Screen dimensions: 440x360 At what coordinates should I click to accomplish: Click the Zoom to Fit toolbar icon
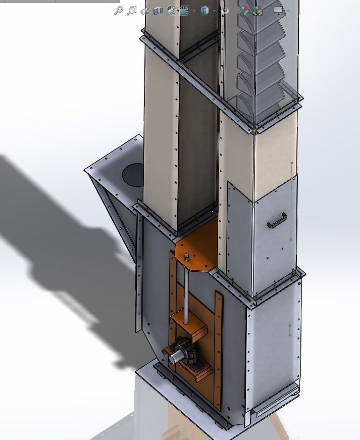pyautogui.click(x=118, y=10)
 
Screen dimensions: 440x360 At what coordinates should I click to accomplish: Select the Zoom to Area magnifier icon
pyautogui.click(x=132, y=10)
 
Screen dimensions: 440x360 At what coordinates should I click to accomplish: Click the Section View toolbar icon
pyautogui.click(x=158, y=10)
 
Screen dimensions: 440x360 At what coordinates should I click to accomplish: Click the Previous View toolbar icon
pyautogui.click(x=145, y=10)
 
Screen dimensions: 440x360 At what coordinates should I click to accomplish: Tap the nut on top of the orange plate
pyautogui.click(x=187, y=256)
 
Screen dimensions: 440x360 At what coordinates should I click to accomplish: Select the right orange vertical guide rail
pyautogui.click(x=219, y=349)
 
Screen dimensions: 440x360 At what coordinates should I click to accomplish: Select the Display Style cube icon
pyautogui.click(x=204, y=10)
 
